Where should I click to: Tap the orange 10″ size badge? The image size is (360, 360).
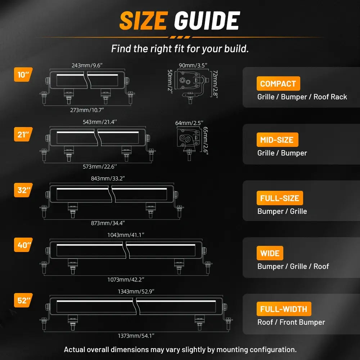click(23, 75)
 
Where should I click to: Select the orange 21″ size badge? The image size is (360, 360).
click(23, 134)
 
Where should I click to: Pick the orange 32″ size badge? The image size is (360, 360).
click(23, 190)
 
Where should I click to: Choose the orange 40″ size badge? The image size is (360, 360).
click(23, 245)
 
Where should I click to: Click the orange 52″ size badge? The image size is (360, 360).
click(23, 300)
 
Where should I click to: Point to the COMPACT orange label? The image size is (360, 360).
click(278, 84)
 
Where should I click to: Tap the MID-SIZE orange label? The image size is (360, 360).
click(277, 140)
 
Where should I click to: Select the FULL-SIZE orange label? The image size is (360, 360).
click(280, 198)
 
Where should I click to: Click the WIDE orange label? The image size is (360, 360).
click(270, 253)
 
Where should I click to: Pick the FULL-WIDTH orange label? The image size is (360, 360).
click(284, 309)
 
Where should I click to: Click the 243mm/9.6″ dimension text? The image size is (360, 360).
click(87, 66)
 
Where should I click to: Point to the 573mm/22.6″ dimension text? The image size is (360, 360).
click(100, 166)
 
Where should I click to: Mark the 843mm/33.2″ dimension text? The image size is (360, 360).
click(108, 179)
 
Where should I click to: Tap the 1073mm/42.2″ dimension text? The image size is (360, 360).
click(126, 279)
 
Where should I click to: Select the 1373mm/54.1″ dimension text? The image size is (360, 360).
click(136, 336)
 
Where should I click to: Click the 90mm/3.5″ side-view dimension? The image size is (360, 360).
click(193, 66)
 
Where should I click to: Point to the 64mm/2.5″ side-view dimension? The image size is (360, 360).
click(189, 123)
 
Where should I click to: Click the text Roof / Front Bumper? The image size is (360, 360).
click(291, 322)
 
